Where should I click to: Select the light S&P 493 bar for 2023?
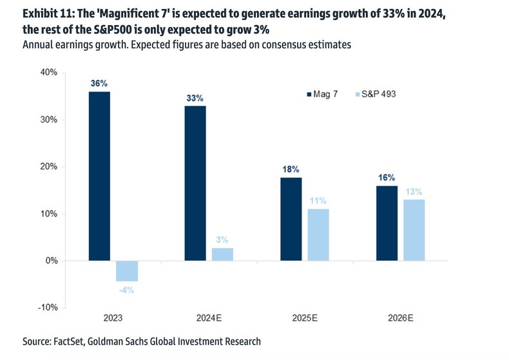[x=126, y=271]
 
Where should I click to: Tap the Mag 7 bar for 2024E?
[x=195, y=183]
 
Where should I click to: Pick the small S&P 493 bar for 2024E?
[x=222, y=254]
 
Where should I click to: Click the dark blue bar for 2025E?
[x=291, y=219]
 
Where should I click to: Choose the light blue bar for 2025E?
[x=318, y=234]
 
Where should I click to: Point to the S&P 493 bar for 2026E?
[x=414, y=230]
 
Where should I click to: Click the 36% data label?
[x=99, y=83]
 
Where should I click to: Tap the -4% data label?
[x=126, y=290]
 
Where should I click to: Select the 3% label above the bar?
[x=222, y=240]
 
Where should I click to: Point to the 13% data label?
[x=414, y=191]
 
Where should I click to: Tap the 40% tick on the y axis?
[x=48, y=73]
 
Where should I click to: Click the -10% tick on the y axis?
[x=47, y=307]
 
